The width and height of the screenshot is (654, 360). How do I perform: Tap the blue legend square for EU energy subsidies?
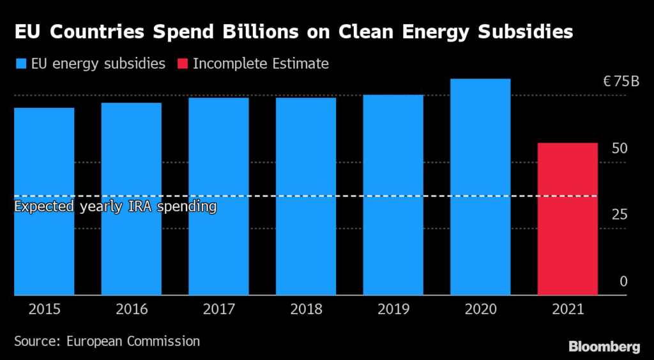21,64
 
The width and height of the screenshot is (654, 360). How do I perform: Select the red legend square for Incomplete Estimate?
182,64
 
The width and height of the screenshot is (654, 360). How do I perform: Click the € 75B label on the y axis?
621,82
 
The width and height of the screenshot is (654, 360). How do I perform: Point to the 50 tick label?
620,148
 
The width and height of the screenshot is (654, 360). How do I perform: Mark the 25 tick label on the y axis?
620,214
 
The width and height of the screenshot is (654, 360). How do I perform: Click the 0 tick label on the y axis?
623,281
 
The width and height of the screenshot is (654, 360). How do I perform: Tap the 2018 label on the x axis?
306,310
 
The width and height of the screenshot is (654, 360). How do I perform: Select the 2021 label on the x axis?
568,310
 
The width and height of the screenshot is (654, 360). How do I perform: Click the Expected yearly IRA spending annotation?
116,207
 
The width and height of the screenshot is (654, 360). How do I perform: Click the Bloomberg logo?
604,347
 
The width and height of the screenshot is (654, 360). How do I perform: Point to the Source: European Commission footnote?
107,341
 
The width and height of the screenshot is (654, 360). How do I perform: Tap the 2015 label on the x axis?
44,310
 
